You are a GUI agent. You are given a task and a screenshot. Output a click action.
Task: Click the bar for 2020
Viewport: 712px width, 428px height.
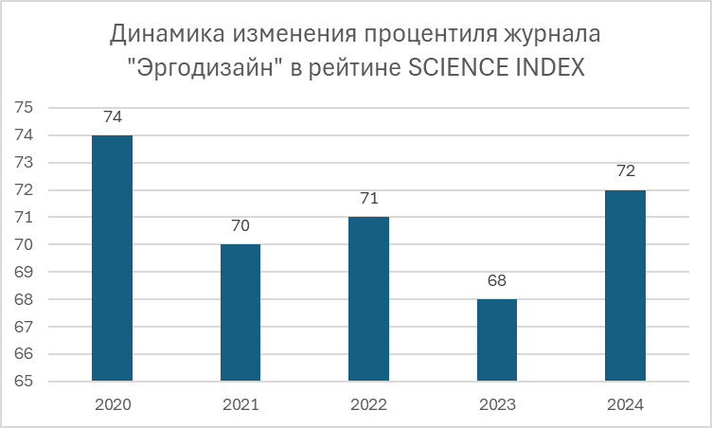112,259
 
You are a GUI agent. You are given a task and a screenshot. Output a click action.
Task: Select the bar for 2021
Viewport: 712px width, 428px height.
240,312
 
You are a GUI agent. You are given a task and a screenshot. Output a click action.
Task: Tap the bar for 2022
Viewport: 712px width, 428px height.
368,299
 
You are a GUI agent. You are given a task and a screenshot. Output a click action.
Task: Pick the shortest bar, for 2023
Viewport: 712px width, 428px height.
497,340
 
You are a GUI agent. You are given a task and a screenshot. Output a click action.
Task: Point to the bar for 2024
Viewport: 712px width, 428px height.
625,286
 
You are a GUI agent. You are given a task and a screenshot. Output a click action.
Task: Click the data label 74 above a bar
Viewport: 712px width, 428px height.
112,117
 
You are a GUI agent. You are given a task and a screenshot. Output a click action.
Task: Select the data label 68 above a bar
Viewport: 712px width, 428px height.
497,281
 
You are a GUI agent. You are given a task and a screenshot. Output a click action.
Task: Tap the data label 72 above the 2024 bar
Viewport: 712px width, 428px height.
625,171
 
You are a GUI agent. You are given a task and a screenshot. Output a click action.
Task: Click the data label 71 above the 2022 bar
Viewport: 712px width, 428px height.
368,199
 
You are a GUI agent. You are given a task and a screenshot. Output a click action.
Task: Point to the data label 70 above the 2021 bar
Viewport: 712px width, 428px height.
240,226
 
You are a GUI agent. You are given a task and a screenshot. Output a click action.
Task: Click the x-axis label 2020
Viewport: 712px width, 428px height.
112,404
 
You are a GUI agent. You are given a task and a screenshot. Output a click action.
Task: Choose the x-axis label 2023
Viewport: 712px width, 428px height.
497,404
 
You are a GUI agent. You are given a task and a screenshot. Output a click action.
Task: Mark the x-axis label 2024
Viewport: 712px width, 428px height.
625,404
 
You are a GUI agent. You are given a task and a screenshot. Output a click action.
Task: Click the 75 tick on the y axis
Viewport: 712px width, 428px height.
25,108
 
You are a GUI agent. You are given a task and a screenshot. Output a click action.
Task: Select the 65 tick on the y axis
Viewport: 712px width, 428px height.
25,382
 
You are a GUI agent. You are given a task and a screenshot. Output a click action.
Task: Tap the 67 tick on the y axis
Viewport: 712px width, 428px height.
25,327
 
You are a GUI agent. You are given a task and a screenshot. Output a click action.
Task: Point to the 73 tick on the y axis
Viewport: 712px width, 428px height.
25,163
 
